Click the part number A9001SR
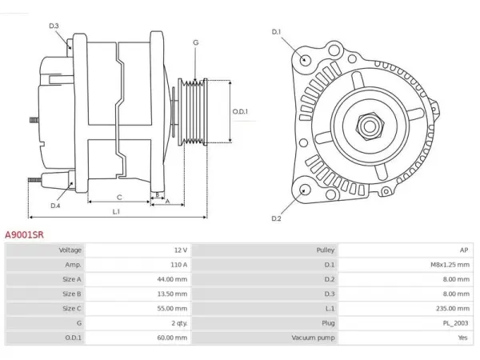pyautogui.click(x=24, y=234)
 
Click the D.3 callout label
pyautogui.click(x=54, y=26)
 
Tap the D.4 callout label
pyautogui.click(x=55, y=206)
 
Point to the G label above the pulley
pyautogui.click(x=196, y=42)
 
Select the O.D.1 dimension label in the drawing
pyautogui.click(x=240, y=111)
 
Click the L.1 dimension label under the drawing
pyautogui.click(x=116, y=212)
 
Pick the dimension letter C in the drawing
pyautogui.click(x=119, y=198)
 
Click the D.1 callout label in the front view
pyautogui.click(x=276, y=32)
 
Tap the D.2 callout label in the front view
pyautogui.click(x=276, y=218)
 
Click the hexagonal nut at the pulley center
pyautogui.click(x=370, y=126)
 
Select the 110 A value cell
pyautogui.click(x=178, y=265)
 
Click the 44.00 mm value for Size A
pyautogui.click(x=172, y=279)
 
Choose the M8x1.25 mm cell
pyautogui.click(x=450, y=265)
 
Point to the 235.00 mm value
pyautogui.click(x=453, y=308)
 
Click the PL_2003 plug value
pyautogui.click(x=455, y=323)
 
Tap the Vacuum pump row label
pyautogui.click(x=313, y=338)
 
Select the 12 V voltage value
pyautogui.click(x=181, y=250)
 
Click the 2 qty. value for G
pyautogui.click(x=179, y=323)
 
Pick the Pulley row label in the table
pyautogui.click(x=326, y=250)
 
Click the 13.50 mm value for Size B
pyautogui.click(x=172, y=294)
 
